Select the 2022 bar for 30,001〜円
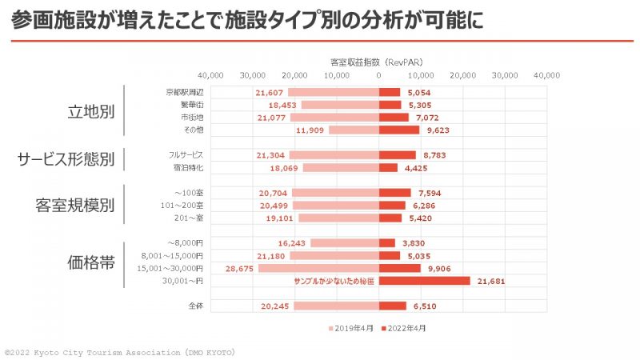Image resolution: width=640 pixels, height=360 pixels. pos(424,281)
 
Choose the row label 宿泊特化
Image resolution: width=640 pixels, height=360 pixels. pos(188,168)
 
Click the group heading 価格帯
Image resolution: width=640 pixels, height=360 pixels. pos(90,262)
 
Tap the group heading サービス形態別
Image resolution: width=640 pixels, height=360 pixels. pos(66,159)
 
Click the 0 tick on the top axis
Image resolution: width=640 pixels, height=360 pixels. pos(378,75)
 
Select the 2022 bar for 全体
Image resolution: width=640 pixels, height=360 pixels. pos(393,306)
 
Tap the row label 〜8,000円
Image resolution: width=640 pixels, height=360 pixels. pos(186,243)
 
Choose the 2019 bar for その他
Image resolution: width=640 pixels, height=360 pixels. pos(354,130)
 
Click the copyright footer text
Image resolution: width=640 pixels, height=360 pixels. pos(120,352)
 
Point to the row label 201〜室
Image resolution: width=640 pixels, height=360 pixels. pos(188,218)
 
